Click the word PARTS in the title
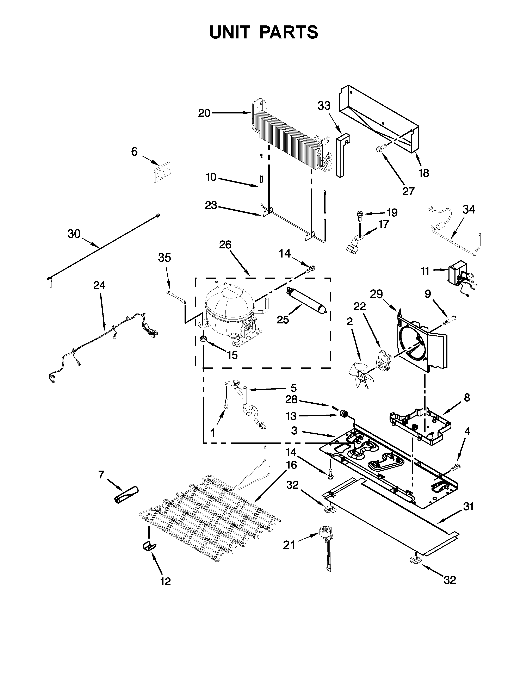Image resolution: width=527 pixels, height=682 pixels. pos(289,32)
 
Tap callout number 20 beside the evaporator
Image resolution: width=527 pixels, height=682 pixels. pos(204,113)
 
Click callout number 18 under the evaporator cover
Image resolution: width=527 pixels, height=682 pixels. pos(424,173)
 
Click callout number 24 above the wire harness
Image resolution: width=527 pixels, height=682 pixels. pos(99,285)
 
